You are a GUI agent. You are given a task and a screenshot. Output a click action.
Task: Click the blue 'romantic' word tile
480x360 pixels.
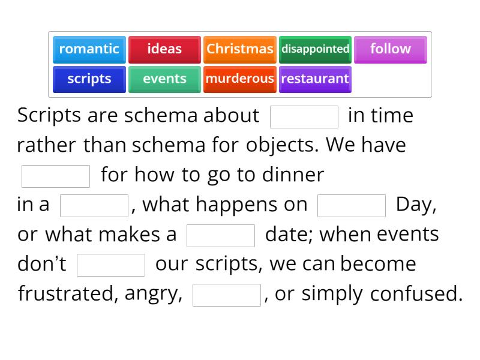pos(89,49)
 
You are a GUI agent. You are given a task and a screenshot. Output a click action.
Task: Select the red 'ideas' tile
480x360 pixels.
pos(164,49)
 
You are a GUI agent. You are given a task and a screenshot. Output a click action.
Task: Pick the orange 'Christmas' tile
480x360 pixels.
pos(240,49)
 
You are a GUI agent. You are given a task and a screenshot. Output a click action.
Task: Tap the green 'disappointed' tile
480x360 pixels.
pos(315,49)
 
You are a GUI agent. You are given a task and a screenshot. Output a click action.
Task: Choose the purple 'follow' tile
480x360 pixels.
pos(390,49)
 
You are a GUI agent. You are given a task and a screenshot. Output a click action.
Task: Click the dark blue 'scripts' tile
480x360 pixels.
pos(89,79)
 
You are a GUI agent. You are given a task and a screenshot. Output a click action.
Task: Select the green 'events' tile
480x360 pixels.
pos(164,79)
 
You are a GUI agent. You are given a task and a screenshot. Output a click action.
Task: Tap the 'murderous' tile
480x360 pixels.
pos(240,79)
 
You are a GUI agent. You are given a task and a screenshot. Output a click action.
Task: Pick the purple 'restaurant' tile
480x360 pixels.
pos(315,79)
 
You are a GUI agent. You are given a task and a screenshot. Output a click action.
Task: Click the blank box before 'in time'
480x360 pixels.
pos(304,117)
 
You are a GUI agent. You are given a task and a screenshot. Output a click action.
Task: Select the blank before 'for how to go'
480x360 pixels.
pos(56,176)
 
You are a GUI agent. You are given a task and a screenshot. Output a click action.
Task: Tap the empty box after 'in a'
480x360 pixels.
pos(94,206)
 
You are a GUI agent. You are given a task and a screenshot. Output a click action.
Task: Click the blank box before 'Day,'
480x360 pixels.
pos(351,206)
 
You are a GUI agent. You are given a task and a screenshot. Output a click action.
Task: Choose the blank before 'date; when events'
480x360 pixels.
pos(221,236)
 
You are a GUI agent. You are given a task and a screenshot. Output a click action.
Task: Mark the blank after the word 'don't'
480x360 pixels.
pos(111,265)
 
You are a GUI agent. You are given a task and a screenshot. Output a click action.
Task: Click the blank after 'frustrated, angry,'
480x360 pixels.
pos(227,295)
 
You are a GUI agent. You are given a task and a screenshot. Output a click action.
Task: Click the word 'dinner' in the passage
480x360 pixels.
pos(295,175)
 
